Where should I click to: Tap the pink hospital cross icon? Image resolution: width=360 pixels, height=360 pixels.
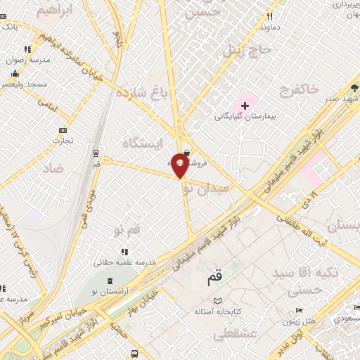coord(245,105)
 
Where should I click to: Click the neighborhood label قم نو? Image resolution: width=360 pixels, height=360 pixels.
coord(127,230)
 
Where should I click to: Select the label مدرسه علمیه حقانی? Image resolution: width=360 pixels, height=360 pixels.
coord(124,262)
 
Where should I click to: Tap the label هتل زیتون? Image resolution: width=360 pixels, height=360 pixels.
coord(298,321)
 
